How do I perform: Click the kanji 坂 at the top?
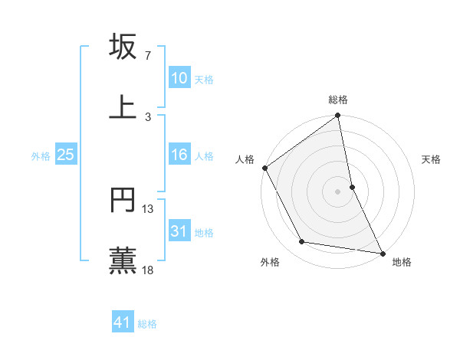point(123,47)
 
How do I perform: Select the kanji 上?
point(123,106)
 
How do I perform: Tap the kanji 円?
point(123,200)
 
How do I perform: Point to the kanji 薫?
point(123,259)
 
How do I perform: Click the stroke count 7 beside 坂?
point(148,56)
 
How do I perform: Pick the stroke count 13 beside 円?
point(148,209)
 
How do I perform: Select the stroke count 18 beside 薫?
point(148,270)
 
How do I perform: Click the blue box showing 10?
point(179,78)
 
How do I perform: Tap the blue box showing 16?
point(179,155)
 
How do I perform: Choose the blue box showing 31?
point(179,231)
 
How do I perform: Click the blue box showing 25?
point(65,155)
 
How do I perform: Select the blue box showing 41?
point(123,322)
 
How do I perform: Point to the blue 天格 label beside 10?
point(204,80)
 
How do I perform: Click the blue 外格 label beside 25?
point(41,156)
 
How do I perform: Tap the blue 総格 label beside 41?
point(147,324)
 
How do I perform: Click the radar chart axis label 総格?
point(338,100)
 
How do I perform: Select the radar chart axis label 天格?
point(432,159)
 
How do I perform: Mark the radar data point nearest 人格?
point(264,168)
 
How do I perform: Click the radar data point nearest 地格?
point(383,253)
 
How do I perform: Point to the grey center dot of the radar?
point(338,191)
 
